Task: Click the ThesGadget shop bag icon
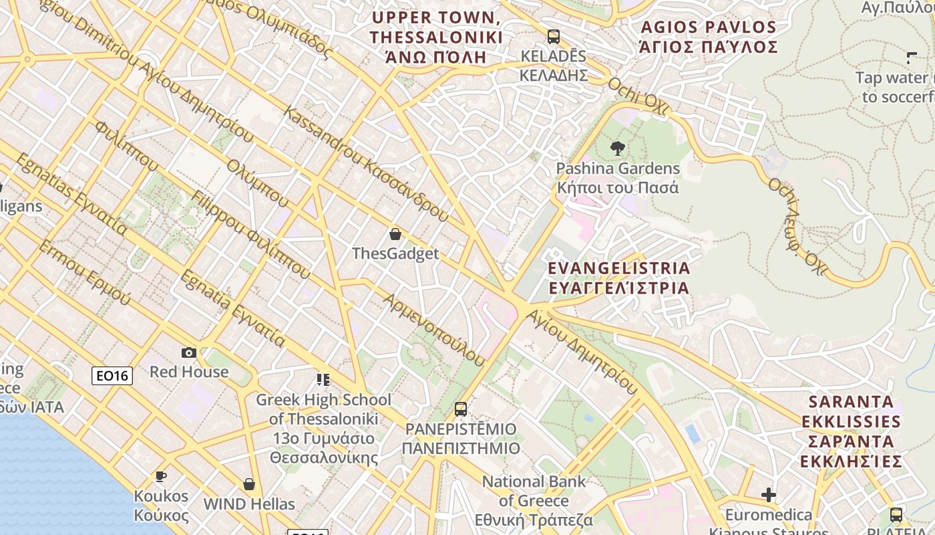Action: point(395,234)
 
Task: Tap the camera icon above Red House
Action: point(189,352)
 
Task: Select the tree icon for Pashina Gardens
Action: point(618,148)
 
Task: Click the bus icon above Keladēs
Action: point(553,37)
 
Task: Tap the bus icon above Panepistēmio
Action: point(461,409)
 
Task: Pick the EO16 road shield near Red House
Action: point(112,376)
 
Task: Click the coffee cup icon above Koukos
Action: point(160,477)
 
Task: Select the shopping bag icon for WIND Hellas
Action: point(249,484)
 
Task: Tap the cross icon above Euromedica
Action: point(769,495)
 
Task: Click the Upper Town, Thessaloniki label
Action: point(437,37)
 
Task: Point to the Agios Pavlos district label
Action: point(709,37)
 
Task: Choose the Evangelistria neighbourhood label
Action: point(618,278)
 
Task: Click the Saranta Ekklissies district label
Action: point(852,431)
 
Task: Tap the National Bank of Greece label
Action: point(534,500)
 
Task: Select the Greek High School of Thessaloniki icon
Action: point(323,380)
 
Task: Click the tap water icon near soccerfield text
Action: point(912,58)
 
